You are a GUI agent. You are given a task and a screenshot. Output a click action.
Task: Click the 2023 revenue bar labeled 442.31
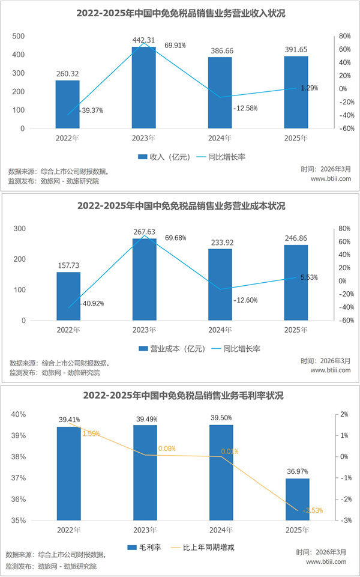[144, 88]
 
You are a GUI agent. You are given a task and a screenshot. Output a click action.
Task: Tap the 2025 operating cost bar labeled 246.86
[296, 283]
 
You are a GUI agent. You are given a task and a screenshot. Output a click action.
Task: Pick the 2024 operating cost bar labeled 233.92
[220, 285]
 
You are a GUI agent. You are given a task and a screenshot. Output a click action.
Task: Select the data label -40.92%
[92, 304]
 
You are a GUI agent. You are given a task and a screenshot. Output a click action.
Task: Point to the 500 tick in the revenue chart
[19, 36]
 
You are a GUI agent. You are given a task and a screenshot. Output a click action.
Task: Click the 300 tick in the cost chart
[19, 229]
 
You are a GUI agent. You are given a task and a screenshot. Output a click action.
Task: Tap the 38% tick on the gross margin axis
[17, 457]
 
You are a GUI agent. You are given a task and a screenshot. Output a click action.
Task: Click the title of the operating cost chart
[181, 206]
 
